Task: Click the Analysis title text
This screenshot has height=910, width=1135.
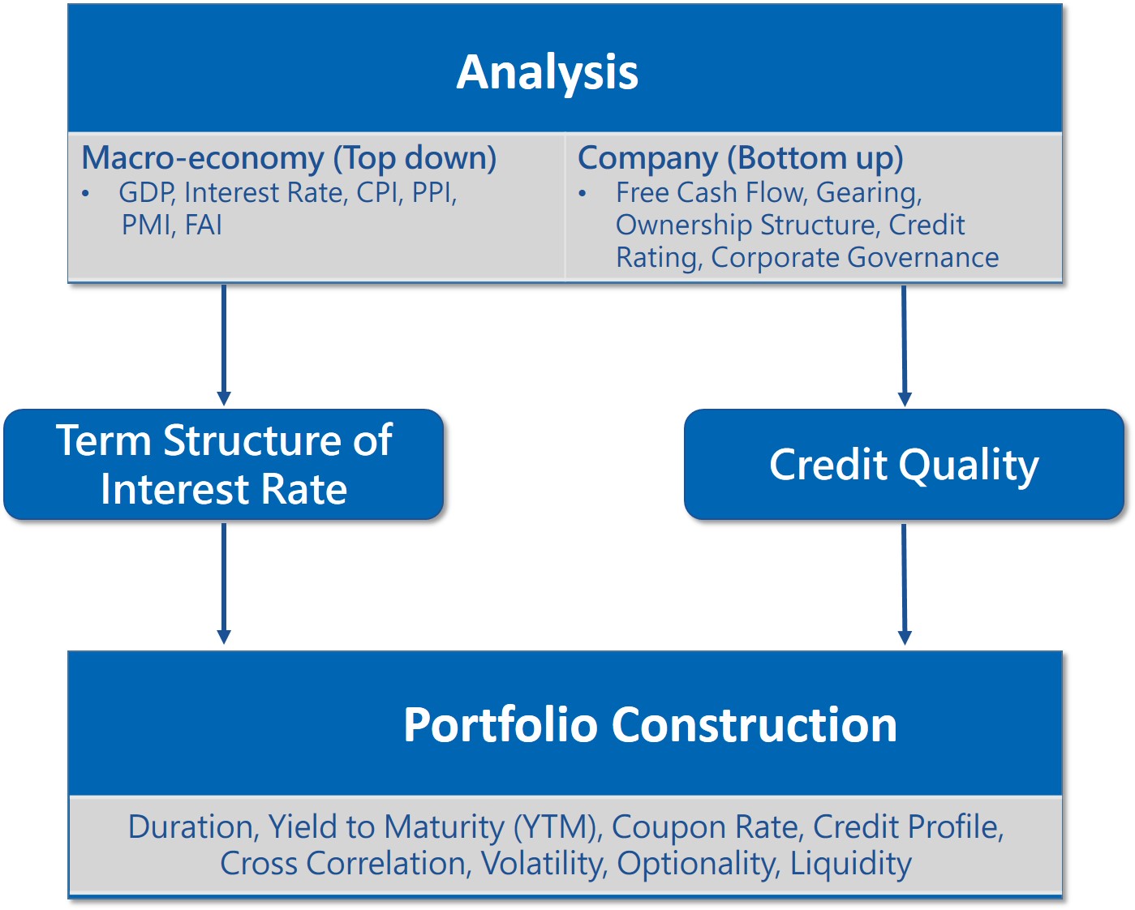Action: pos(547,73)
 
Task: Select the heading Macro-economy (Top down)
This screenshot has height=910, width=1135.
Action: pos(289,158)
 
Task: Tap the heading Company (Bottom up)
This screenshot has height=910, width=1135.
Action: pos(741,158)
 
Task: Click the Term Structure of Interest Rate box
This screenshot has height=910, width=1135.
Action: pos(224,465)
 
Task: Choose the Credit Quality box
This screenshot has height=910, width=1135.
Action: pos(904,465)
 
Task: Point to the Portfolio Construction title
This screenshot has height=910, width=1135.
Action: pos(650,725)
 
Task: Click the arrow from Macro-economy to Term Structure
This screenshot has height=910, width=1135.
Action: pos(224,346)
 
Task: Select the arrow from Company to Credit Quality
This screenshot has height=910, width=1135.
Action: pos(905,346)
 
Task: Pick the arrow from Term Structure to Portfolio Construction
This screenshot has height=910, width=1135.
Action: pos(224,584)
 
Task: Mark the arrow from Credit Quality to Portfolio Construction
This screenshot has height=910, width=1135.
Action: pos(905,584)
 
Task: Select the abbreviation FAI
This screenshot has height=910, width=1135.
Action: pos(203,225)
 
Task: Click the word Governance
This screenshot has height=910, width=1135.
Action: pos(923,258)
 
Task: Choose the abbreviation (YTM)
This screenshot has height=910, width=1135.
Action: pos(558,827)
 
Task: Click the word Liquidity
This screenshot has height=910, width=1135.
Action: pos(851,865)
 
